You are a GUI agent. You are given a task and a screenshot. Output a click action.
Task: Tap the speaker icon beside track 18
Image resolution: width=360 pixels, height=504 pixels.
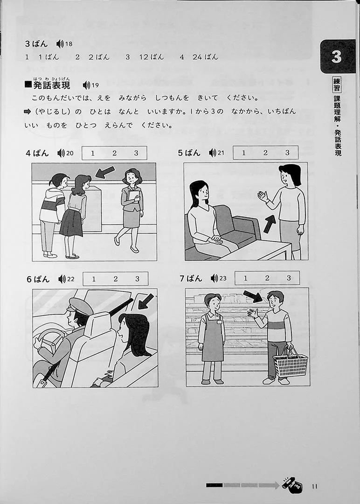pos(60,44)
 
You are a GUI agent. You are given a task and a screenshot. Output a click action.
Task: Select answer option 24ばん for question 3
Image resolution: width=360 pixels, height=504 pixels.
pos(205,57)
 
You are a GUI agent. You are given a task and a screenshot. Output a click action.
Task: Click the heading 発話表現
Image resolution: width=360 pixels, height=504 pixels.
pos(52,85)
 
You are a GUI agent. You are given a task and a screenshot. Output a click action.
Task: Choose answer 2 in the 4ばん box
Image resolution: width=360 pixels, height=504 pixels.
pos(114,154)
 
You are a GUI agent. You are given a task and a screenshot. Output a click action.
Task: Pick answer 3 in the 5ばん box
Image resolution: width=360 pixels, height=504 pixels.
pos(287,153)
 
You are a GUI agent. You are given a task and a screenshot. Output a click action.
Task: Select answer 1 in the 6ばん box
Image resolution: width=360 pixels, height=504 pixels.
pos(93,279)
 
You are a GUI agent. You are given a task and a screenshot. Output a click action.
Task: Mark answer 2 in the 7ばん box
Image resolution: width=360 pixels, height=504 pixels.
pos(267,278)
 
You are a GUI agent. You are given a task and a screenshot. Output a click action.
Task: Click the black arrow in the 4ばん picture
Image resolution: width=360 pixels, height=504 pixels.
pos(105,172)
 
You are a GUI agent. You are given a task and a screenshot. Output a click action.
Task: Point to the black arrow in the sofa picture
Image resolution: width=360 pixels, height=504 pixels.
pos(270,224)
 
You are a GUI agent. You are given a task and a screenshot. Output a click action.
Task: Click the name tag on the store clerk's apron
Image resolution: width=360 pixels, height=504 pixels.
pos(219,322)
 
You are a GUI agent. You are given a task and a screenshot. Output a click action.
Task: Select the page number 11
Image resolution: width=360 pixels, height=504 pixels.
pos(314,486)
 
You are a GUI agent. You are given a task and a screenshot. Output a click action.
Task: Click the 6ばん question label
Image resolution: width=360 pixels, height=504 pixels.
pos(38,279)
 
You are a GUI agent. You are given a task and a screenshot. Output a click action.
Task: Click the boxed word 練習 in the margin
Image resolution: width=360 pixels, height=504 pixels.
pos(337,85)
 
